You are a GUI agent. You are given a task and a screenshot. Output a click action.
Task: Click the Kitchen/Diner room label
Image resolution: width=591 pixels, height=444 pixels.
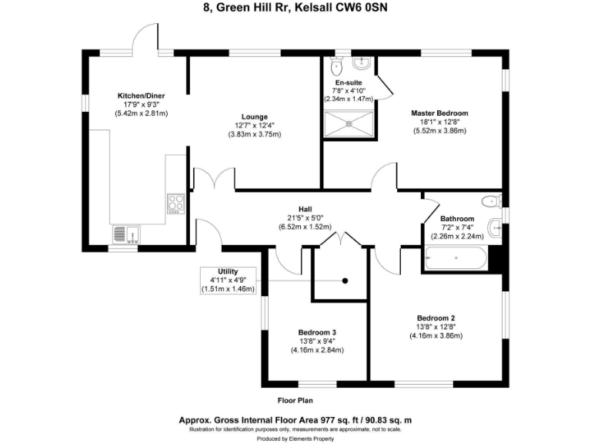pyautogui.click(x=141, y=96)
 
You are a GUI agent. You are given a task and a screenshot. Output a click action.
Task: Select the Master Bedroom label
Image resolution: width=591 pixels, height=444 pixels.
pyautogui.click(x=439, y=113)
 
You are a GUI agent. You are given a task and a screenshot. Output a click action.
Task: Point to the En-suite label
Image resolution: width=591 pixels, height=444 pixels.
pyautogui.click(x=348, y=82)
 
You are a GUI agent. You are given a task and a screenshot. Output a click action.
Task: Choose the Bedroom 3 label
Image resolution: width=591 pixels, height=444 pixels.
pyautogui.click(x=316, y=332)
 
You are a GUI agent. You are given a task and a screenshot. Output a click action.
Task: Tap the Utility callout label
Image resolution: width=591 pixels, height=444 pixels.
pyautogui.click(x=228, y=271)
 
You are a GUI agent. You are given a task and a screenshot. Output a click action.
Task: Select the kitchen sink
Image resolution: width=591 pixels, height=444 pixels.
pyautogui.click(x=125, y=232)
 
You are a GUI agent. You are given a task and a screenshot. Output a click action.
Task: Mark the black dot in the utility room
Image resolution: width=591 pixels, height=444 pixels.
pyautogui.click(x=346, y=281)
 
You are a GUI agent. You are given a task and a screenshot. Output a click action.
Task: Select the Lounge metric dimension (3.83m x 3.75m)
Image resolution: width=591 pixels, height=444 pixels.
pyautogui.click(x=255, y=134)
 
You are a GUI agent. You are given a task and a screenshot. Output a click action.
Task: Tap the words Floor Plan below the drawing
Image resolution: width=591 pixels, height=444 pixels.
pyautogui.click(x=295, y=401)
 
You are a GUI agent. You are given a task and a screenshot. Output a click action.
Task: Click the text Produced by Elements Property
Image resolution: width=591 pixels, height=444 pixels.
pyautogui.click(x=295, y=437)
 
